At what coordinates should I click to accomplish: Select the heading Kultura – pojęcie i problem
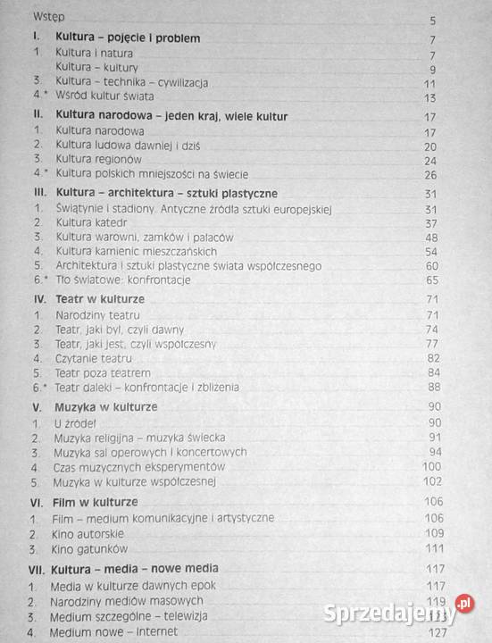[128, 38]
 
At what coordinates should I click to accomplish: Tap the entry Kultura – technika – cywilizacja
[131, 82]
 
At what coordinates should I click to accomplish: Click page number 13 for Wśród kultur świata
[429, 97]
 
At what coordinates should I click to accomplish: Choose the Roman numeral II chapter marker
[38, 116]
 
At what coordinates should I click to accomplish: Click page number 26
[429, 174]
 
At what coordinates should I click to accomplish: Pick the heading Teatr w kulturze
[100, 298]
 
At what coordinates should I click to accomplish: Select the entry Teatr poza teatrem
[103, 372]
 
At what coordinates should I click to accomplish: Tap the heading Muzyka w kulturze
[106, 406]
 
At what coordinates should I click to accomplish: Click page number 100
[432, 466]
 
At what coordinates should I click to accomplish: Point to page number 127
[434, 631]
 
